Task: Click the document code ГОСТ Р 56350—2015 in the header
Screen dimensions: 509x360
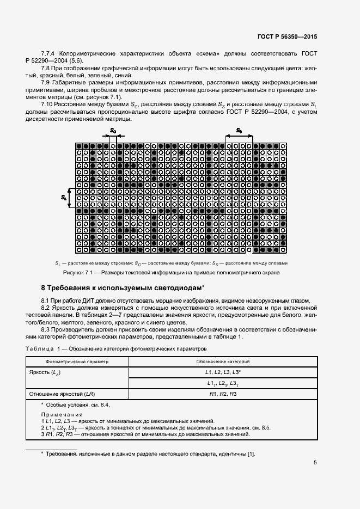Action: click(287, 36)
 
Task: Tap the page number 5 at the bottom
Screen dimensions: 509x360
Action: click(315, 463)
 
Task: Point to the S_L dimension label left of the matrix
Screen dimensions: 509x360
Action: click(64, 198)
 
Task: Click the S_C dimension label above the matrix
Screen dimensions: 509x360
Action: click(113, 131)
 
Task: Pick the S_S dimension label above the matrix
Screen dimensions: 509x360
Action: click(239, 131)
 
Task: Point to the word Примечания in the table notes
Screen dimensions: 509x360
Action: click(59, 415)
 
